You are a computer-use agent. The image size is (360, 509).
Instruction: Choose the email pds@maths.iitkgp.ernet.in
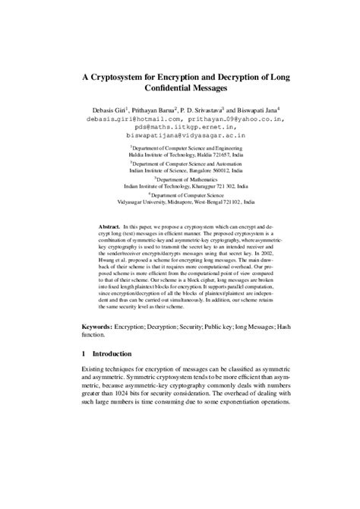180,128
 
